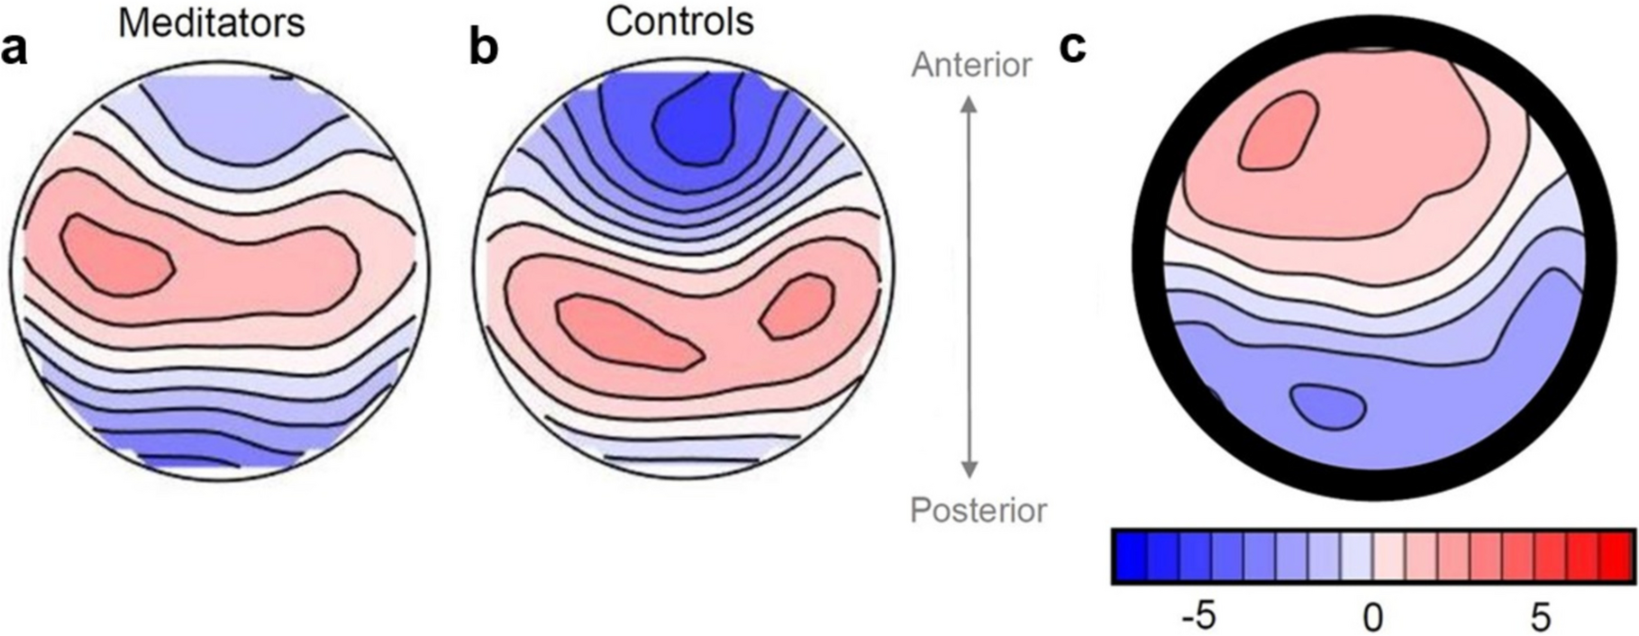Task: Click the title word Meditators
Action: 211,23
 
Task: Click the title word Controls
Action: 678,20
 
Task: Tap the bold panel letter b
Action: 484,49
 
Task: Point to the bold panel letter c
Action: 1072,47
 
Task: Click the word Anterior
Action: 970,65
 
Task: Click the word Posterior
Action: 978,511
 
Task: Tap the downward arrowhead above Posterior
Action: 969,469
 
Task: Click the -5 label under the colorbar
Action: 1199,618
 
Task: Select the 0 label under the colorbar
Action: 1371,618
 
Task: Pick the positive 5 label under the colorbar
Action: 1541,618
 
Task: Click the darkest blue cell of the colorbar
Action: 1130,556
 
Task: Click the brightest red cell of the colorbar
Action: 1615,556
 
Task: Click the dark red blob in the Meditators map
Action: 115,256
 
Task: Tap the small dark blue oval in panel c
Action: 1327,405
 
